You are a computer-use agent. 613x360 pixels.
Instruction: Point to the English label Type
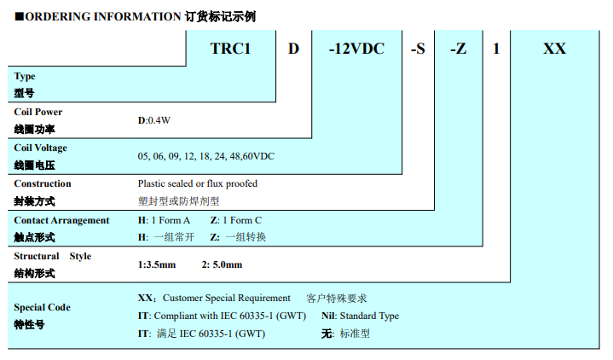25,77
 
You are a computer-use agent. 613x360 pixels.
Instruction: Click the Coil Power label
38,112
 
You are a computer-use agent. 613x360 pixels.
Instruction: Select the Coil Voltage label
41,148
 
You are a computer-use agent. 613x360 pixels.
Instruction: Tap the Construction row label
43,183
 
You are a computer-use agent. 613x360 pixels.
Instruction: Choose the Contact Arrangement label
61,220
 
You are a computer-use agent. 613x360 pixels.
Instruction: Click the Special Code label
43,307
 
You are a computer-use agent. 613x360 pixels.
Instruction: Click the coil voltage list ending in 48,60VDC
205,157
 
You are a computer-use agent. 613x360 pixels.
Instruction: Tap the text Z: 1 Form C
236,220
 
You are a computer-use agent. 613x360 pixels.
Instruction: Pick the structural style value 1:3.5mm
157,264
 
